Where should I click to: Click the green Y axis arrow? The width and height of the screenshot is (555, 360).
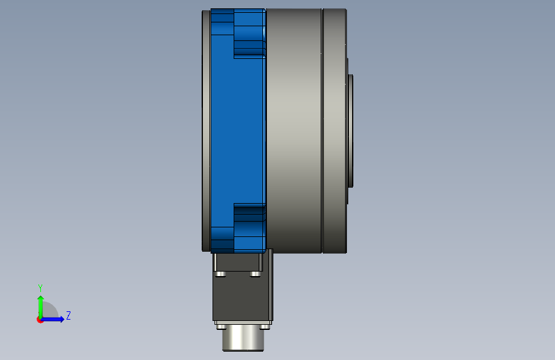[40, 307]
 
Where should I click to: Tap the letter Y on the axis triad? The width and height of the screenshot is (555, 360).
[40, 288]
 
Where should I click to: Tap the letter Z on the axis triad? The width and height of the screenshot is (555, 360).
[68, 315]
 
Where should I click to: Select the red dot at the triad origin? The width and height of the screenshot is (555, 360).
[40, 320]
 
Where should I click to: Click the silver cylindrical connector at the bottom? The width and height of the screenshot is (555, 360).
[243, 338]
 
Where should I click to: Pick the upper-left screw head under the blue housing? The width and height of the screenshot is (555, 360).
[220, 274]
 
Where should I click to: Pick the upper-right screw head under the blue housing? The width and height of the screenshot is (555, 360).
[255, 274]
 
